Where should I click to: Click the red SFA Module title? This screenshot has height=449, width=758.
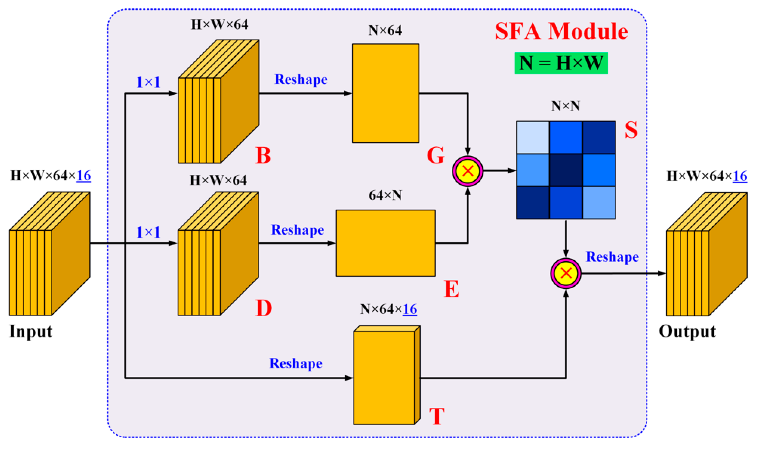561,32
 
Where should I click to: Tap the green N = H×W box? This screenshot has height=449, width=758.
561,63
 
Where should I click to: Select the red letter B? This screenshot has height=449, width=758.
263,155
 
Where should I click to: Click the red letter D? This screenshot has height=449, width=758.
263,308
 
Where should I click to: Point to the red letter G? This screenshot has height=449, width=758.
436,155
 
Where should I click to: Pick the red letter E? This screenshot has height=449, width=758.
452,289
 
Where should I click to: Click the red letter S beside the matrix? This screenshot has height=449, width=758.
631,130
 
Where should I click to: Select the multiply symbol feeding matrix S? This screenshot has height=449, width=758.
467,171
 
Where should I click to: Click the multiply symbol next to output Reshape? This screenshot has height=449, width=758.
566,273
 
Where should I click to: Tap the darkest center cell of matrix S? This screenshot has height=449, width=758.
566,170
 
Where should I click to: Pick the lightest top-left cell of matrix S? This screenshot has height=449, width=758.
533,138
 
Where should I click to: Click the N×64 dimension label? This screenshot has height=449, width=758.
385,30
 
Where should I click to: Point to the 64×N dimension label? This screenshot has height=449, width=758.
385,196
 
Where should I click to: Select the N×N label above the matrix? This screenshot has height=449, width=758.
565,106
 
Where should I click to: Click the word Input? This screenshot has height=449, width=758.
31,332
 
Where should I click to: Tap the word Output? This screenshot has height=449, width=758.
687,332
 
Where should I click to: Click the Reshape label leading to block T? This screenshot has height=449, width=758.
296,363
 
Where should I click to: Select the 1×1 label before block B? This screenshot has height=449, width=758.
148,82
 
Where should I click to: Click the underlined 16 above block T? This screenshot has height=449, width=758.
410,309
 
